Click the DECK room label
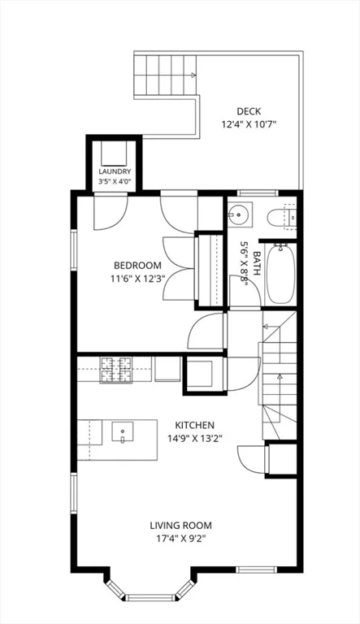[x=249, y=111]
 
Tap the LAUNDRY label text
[x=115, y=171]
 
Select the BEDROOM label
[x=138, y=265]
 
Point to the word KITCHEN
[x=195, y=425]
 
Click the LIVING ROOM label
[x=180, y=526]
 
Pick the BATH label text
[x=257, y=263]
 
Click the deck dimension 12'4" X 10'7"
[x=249, y=124]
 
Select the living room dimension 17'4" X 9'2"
[x=180, y=539]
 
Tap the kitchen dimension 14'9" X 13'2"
[x=195, y=439]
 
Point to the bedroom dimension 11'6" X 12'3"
[x=138, y=279]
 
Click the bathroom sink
[x=240, y=214]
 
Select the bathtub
[x=280, y=275]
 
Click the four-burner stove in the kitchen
[x=116, y=370]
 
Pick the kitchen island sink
[x=123, y=432]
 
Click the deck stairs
[x=165, y=75]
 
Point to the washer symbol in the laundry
[x=114, y=154]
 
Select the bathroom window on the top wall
[x=258, y=193]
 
